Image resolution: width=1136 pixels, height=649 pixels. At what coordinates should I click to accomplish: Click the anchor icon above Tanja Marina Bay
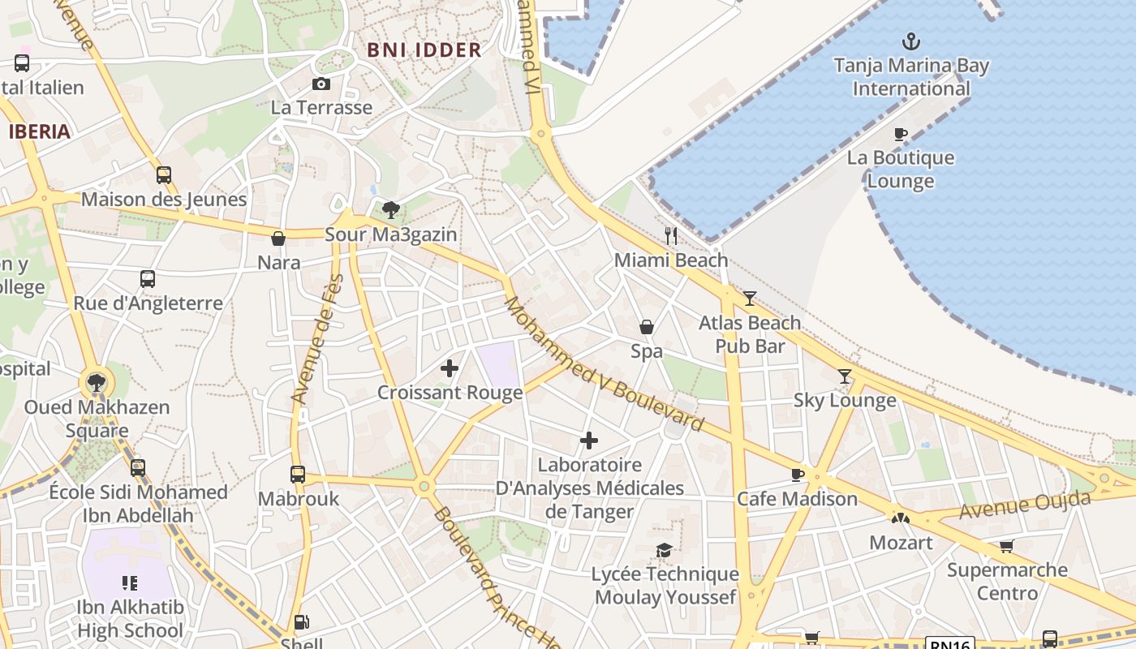(x=911, y=41)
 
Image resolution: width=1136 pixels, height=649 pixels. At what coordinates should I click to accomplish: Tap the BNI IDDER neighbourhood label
(x=424, y=49)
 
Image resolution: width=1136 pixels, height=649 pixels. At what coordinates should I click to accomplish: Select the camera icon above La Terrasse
(x=321, y=84)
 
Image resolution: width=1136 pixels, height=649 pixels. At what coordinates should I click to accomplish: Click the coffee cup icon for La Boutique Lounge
(x=900, y=134)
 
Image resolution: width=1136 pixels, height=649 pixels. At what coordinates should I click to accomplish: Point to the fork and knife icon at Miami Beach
(x=671, y=236)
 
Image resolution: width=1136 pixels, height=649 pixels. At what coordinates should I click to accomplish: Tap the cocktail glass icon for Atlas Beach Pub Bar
(x=750, y=299)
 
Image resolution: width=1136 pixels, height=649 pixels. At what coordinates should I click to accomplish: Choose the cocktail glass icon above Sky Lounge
(x=845, y=376)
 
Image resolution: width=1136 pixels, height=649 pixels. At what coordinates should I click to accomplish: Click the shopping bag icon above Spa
(x=647, y=327)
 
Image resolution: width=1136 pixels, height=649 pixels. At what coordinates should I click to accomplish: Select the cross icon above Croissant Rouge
(x=450, y=368)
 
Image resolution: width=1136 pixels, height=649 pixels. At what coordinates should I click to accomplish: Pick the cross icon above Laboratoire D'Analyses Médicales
(x=589, y=441)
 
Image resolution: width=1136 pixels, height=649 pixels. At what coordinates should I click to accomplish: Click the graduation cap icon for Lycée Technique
(x=664, y=551)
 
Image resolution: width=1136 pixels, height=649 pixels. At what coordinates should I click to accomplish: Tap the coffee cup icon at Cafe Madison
(x=798, y=475)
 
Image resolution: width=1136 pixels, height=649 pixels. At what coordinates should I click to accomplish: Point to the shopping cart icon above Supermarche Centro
(x=1007, y=546)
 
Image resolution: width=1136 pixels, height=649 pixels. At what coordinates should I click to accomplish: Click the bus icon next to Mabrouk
(x=298, y=475)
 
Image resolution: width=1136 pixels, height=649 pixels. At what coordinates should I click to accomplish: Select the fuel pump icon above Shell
(x=301, y=622)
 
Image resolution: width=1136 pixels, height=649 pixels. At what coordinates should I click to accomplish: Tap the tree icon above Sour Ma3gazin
(x=391, y=210)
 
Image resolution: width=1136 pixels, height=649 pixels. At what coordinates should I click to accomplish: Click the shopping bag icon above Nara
(x=278, y=239)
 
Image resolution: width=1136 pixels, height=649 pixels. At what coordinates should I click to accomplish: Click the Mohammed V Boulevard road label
(x=604, y=364)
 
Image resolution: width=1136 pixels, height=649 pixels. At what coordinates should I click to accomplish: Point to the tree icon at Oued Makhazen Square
(x=96, y=382)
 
